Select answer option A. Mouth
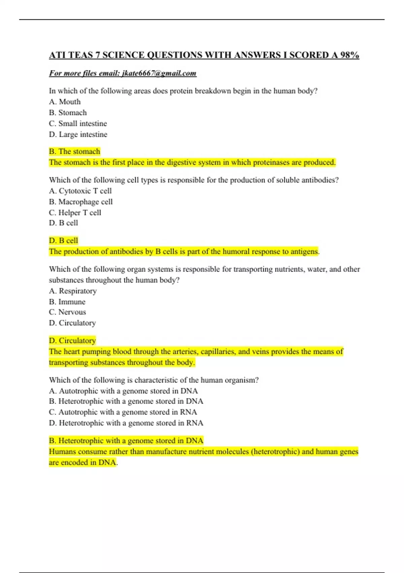65,102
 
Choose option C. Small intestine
78,123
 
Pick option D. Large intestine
78,134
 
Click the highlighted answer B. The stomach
74,151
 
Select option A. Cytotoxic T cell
80,191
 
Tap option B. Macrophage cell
81,202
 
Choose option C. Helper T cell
75,213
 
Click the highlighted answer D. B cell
63,241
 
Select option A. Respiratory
73,291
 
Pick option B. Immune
67,302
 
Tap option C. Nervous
67,312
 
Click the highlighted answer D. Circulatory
72,340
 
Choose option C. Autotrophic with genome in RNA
123,412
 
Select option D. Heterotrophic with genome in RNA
126,423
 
